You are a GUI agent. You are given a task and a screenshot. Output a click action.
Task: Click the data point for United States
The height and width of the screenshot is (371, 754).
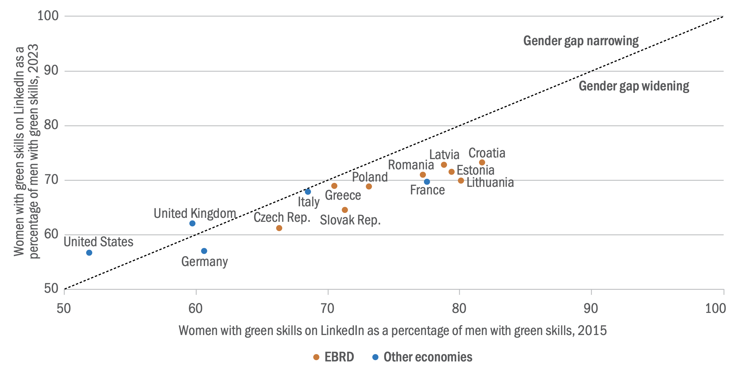click(x=89, y=253)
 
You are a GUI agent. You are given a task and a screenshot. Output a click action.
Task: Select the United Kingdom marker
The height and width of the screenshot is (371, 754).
click(x=192, y=223)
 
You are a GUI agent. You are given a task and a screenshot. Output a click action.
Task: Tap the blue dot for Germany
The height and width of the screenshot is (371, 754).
click(x=204, y=251)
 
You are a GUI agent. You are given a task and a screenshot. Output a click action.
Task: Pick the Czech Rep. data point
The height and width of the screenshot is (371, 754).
click(x=279, y=228)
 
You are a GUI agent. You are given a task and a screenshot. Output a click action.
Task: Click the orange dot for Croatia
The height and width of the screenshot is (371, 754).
click(x=482, y=162)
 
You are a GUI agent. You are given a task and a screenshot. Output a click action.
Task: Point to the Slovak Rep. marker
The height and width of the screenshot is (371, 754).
click(x=345, y=210)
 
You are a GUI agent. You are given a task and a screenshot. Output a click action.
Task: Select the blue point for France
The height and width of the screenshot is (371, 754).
click(x=427, y=182)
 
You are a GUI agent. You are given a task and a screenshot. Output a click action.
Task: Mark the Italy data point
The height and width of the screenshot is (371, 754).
click(x=308, y=192)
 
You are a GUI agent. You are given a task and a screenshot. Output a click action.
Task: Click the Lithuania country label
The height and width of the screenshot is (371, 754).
click(x=490, y=183)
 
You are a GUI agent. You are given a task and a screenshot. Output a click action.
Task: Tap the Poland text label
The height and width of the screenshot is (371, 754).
click(x=370, y=177)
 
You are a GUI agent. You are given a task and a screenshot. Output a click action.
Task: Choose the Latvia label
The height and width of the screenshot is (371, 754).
click(x=444, y=154)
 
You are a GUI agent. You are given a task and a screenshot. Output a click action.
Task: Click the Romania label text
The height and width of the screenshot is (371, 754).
click(x=411, y=165)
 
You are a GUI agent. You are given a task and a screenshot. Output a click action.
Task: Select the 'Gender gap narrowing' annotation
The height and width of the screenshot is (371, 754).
click(x=581, y=41)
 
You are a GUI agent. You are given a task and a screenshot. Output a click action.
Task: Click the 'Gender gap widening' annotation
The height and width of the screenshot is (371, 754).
click(x=634, y=86)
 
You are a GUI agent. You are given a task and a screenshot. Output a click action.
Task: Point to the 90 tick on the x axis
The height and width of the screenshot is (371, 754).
click(x=591, y=309)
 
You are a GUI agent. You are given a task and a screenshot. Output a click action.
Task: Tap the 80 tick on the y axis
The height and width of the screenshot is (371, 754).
click(x=51, y=125)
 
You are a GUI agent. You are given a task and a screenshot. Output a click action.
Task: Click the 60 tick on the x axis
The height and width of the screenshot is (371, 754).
click(x=195, y=309)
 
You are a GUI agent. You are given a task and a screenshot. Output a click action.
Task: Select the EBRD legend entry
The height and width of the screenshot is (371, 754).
click(x=334, y=357)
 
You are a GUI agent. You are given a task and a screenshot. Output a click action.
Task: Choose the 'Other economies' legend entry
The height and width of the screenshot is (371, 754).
click(x=422, y=357)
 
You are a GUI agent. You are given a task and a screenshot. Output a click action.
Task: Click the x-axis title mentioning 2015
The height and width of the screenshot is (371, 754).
click(x=393, y=331)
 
